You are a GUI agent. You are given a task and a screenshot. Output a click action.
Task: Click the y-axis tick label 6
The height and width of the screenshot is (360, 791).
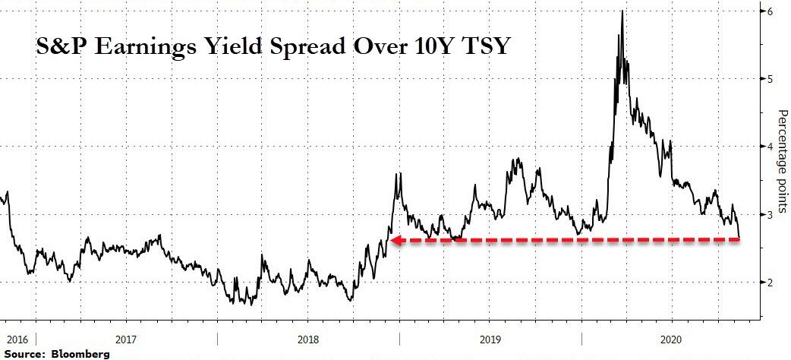coord(771,11)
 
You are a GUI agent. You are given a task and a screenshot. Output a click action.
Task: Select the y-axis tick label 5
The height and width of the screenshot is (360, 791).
coord(771,79)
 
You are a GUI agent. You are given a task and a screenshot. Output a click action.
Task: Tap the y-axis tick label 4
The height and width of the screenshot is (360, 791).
coord(771,147)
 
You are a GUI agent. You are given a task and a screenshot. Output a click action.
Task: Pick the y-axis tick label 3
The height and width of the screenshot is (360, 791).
coord(771,215)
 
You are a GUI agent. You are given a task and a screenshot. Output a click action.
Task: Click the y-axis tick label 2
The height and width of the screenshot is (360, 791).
coord(771,283)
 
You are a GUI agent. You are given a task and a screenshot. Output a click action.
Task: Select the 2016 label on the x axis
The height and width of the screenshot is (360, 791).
coord(14,339)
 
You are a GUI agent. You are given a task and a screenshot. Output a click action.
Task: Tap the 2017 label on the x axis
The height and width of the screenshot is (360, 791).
coord(126,339)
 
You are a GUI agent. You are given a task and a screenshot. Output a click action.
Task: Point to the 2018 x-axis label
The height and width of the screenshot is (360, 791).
coord(307,339)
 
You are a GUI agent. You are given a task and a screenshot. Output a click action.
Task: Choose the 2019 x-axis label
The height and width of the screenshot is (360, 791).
coord(490,339)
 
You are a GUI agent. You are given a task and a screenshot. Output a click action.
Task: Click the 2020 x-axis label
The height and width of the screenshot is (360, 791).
coord(671,339)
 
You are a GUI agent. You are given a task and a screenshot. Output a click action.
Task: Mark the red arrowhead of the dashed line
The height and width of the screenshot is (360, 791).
coord(397,240)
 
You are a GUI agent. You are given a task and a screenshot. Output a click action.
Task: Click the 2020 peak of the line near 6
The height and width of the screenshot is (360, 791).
coord(622,11)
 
